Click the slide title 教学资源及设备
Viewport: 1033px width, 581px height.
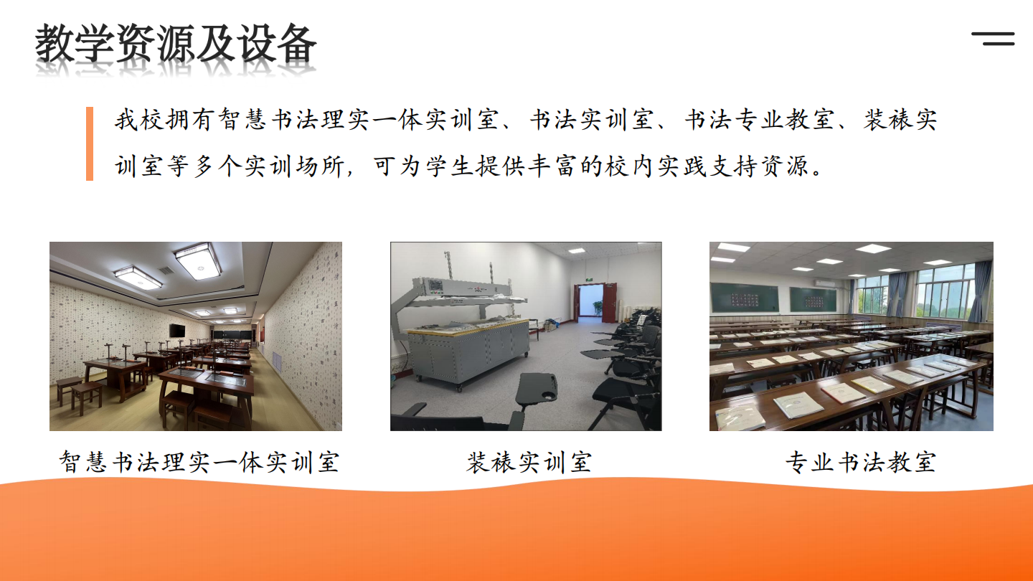pos(176,44)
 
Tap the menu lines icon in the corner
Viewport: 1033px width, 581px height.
pos(993,39)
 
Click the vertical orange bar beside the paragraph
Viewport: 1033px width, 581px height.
pos(90,143)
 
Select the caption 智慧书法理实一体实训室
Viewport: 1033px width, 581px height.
pos(199,462)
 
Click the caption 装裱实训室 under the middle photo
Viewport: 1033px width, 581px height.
pos(529,462)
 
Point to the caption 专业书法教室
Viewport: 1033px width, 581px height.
pos(861,462)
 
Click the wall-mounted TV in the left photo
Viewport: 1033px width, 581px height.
pos(177,330)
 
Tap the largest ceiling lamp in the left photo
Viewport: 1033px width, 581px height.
pos(197,260)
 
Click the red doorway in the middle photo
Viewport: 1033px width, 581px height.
pos(595,303)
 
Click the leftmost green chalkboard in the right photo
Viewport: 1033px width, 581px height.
pos(745,298)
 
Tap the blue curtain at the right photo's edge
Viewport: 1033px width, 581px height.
pos(980,291)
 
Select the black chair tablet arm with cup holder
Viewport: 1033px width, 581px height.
pos(537,389)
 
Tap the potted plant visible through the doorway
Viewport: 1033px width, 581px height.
pos(598,307)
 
